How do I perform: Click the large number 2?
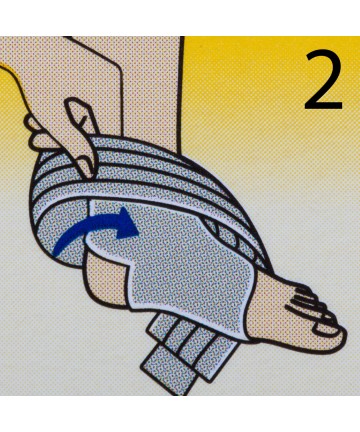pos(323,80)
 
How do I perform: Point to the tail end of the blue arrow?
pos(57,252)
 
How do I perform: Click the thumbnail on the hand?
pos(77,107)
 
